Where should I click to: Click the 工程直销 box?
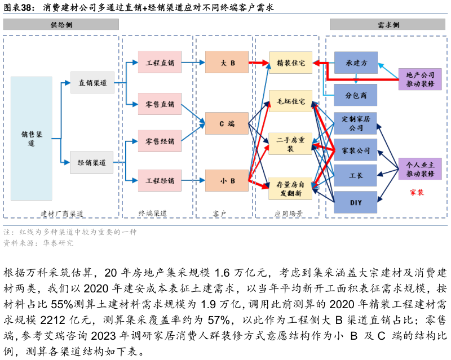point(160,62)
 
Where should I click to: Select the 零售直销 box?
point(160,104)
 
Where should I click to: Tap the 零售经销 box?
point(160,141)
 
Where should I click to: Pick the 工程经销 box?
point(160,180)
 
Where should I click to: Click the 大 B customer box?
point(227,62)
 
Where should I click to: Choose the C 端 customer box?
point(227,123)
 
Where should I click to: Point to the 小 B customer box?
point(227,180)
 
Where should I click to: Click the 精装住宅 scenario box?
point(290,63)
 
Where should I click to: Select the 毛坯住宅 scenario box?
point(290,101)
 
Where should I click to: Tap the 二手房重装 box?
point(290,144)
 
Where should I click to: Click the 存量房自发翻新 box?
point(290,188)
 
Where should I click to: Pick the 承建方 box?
point(356,63)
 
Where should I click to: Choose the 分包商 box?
point(356,95)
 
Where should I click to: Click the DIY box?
point(356,202)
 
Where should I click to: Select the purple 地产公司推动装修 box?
point(420,79)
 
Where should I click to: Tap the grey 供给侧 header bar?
point(61,24)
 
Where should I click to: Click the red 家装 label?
point(417,192)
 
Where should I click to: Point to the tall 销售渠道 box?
point(32,138)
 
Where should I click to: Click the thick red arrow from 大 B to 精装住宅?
point(259,63)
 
